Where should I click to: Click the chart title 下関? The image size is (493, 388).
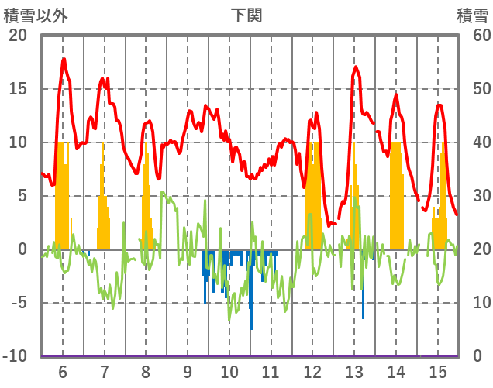pyautogui.click(x=246, y=15)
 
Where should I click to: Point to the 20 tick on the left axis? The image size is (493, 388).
pyautogui.click(x=18, y=36)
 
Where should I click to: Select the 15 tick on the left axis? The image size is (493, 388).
pyautogui.click(x=18, y=89)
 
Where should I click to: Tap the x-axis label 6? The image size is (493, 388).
pyautogui.click(x=62, y=371)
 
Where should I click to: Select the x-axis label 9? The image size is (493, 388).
pyautogui.click(x=188, y=371)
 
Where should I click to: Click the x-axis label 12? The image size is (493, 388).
pyautogui.click(x=312, y=371)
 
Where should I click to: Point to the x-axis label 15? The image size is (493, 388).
pyautogui.click(x=438, y=371)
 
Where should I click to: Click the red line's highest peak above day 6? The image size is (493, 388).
pyautogui.click(x=64, y=59)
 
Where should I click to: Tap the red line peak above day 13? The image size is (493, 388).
pyautogui.click(x=356, y=67)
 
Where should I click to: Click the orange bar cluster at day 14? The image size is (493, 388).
pyautogui.click(x=396, y=194)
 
